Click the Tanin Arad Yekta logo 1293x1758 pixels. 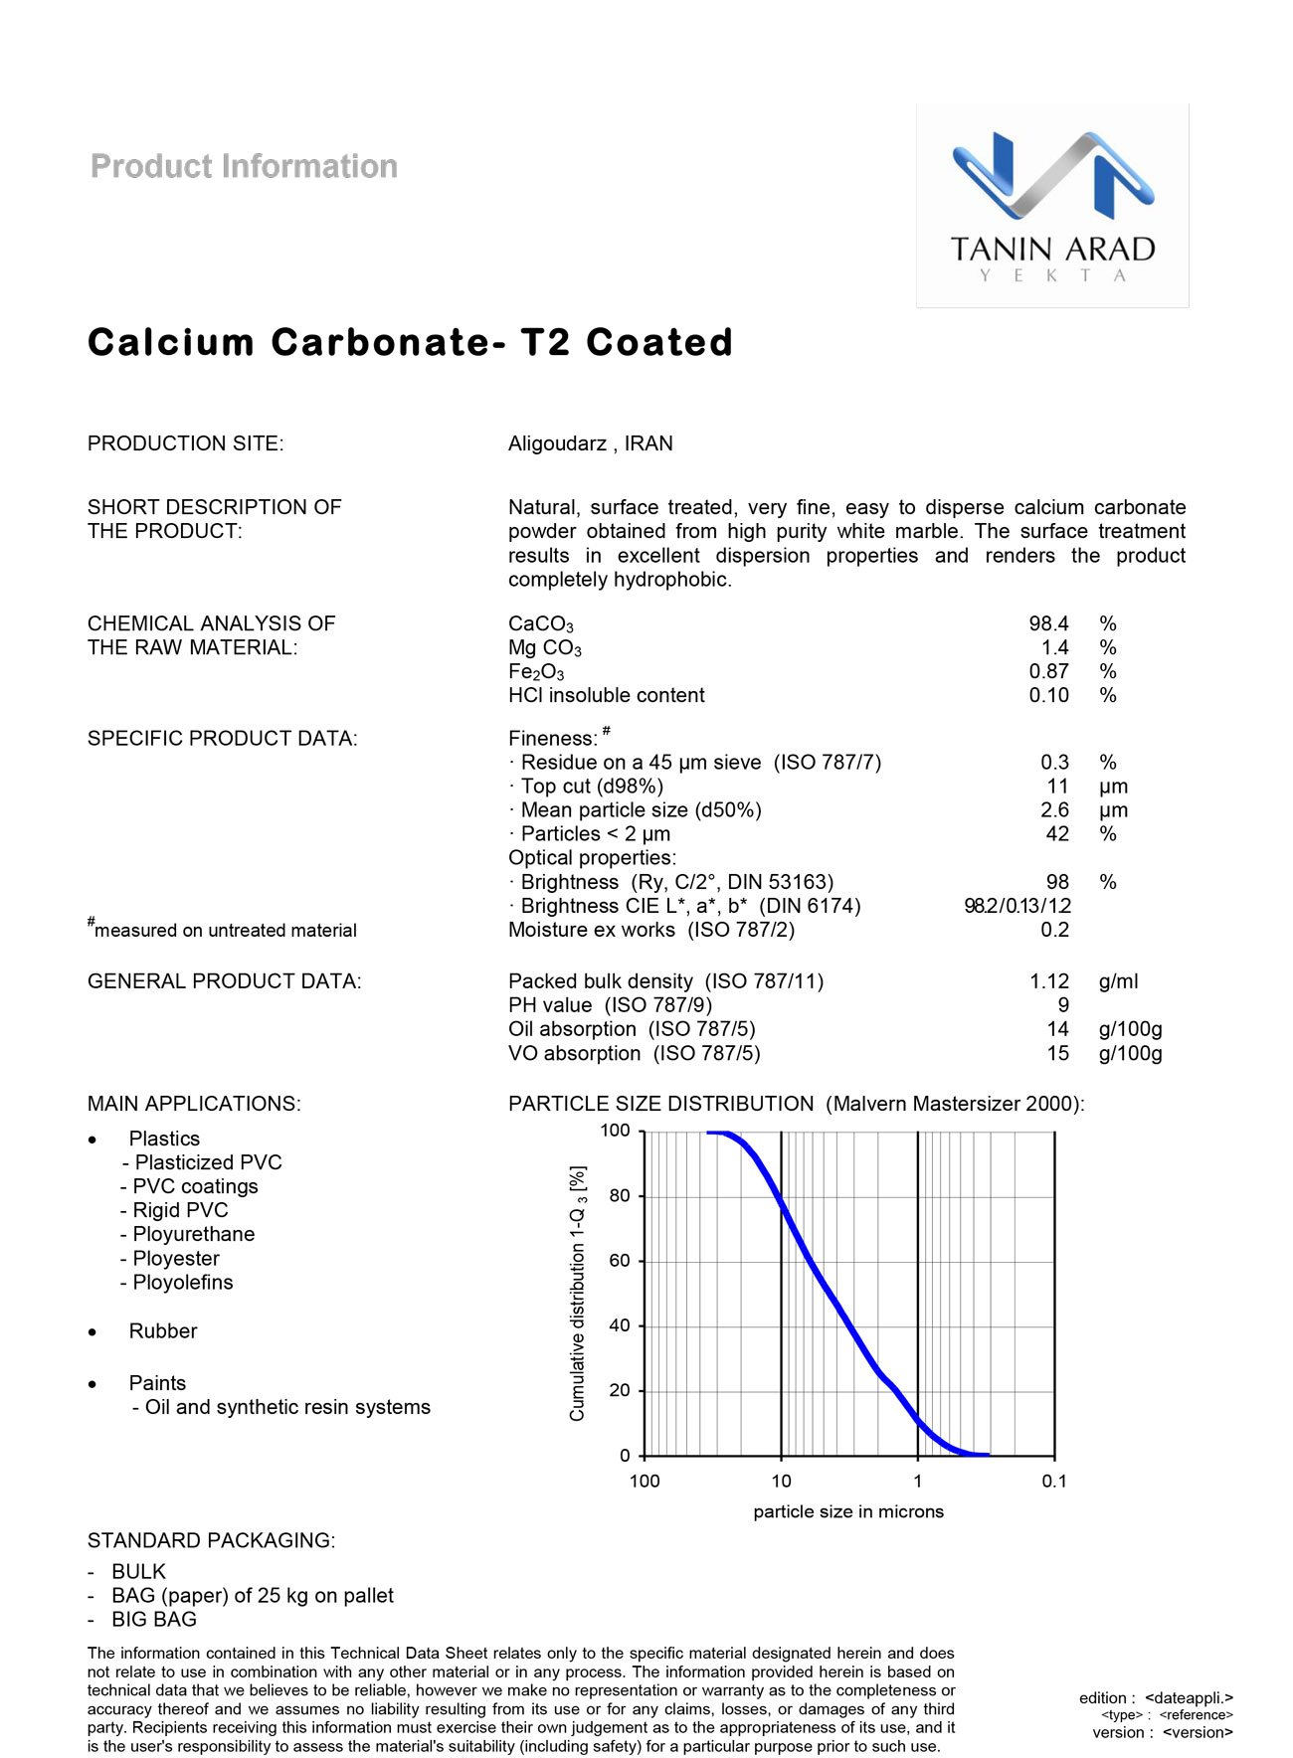[x=1052, y=206]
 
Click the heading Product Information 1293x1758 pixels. [x=244, y=166]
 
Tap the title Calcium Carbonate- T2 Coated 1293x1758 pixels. [x=410, y=342]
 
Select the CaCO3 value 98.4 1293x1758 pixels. [x=1048, y=623]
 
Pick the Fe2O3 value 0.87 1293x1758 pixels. [x=1048, y=671]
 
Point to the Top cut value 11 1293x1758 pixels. [x=1057, y=787]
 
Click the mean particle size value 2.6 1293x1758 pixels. [x=1054, y=810]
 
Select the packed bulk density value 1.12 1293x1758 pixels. [x=1048, y=981]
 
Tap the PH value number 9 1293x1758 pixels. [x=1063, y=1005]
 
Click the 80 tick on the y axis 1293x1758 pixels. [x=620, y=1195]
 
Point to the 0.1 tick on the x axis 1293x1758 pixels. [x=1054, y=1481]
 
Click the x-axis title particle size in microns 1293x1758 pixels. [x=848, y=1511]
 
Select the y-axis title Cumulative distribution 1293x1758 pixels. [x=578, y=1293]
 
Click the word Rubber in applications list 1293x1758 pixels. [x=163, y=1330]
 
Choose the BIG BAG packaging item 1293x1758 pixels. [x=154, y=1619]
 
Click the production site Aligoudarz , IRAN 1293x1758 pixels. [x=590, y=443]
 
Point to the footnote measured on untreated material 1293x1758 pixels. [x=225, y=930]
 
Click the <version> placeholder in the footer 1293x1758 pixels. [x=1198, y=1732]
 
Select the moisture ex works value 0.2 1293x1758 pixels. [x=1054, y=930]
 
